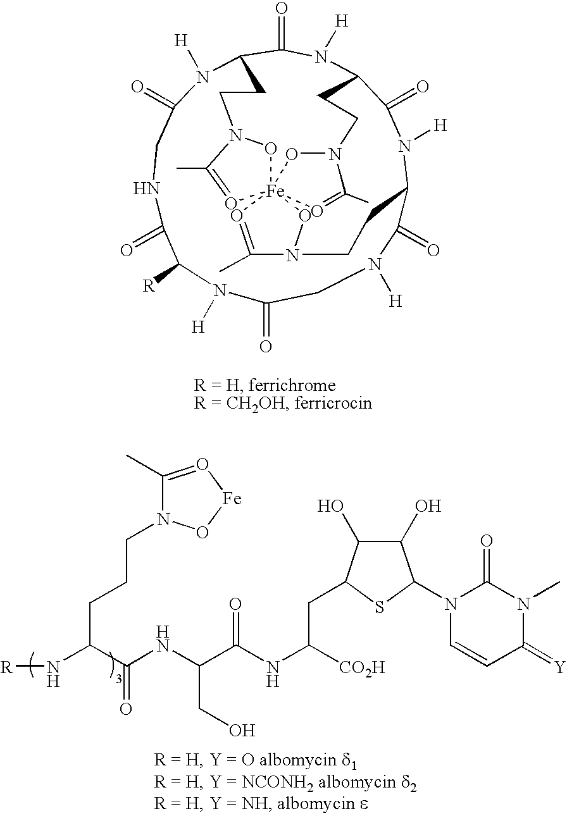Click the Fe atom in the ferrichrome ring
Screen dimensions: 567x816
pyautogui.click(x=275, y=191)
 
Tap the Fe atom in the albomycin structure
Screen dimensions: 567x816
pyautogui.click(x=232, y=498)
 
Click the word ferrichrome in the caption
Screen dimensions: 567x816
pyautogui.click(x=292, y=385)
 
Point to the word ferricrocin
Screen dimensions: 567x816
pyautogui.click(x=333, y=403)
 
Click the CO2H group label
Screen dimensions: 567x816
pyautogui.click(x=362, y=668)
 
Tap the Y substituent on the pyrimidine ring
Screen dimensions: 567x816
pyautogui.click(x=560, y=667)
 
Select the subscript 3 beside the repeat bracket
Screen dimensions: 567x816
pyautogui.click(x=118, y=680)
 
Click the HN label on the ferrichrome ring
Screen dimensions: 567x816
pyautogui.click(x=147, y=189)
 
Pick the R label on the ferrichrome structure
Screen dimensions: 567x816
pyautogui.click(x=148, y=286)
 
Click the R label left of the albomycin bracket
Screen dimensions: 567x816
pyautogui.click(x=6, y=667)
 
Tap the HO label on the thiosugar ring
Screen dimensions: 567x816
pyautogui.click(x=330, y=506)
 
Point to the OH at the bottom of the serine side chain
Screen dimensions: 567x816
pyautogui.click(x=241, y=730)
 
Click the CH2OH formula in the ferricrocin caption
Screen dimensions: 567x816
pyautogui.click(x=255, y=404)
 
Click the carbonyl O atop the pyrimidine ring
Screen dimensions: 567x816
pyautogui.click(x=487, y=541)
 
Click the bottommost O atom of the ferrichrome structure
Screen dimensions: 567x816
pyautogui.click(x=266, y=346)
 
